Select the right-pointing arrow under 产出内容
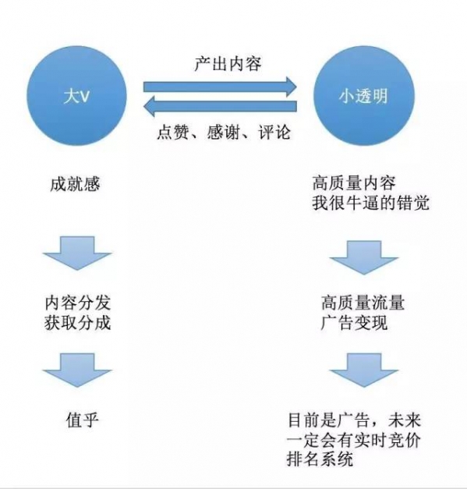tap(220, 86)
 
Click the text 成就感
tap(75, 186)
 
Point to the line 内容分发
tap(77, 303)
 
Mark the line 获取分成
tap(77, 322)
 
